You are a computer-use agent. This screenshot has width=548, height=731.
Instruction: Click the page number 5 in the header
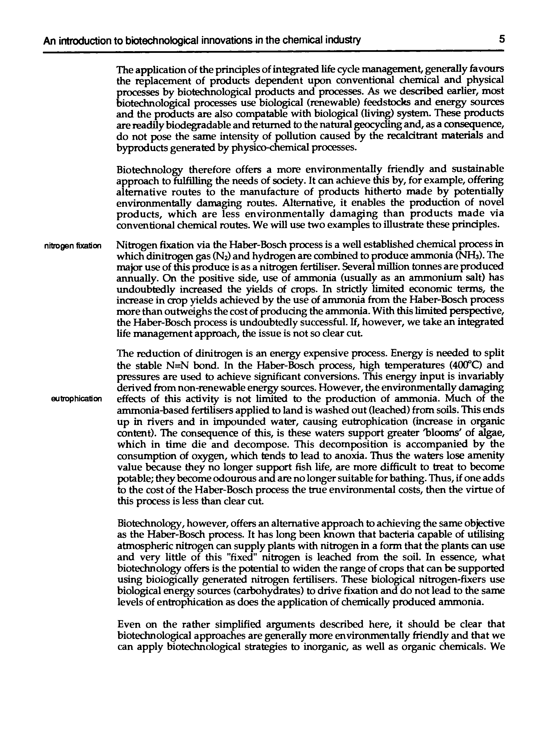(502, 40)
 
